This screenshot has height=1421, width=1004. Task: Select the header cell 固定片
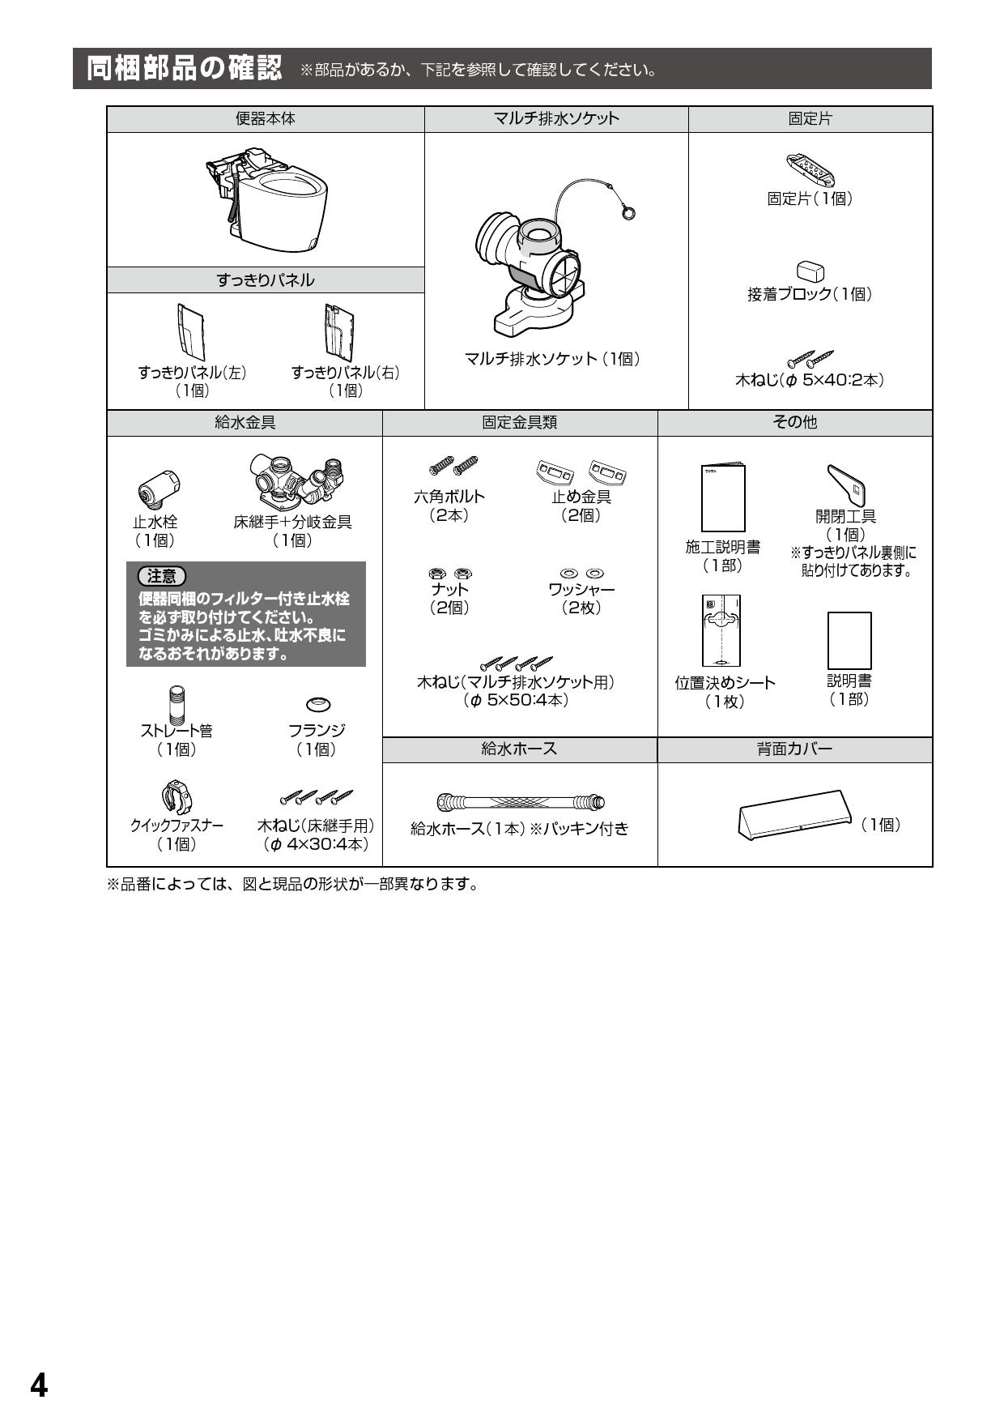coord(810,119)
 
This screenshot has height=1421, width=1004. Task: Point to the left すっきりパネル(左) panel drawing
coord(191,332)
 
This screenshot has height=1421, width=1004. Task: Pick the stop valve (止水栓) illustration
coord(158,489)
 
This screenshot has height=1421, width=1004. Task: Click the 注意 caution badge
coord(162,576)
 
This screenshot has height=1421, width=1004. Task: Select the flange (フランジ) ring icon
coord(318,703)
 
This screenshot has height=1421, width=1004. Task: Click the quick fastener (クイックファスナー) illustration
coord(177,797)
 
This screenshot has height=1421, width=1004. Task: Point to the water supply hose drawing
coord(520,802)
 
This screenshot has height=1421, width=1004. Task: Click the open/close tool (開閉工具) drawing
coord(847,485)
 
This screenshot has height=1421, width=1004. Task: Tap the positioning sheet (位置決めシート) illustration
coord(721,630)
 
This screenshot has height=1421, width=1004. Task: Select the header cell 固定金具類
coord(520,423)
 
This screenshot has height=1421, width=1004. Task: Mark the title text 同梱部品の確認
coord(185,69)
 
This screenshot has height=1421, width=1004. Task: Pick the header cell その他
coord(795,423)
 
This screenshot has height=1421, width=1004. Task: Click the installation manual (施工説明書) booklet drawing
coord(723,497)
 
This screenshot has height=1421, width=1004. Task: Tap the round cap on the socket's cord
coord(628,213)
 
